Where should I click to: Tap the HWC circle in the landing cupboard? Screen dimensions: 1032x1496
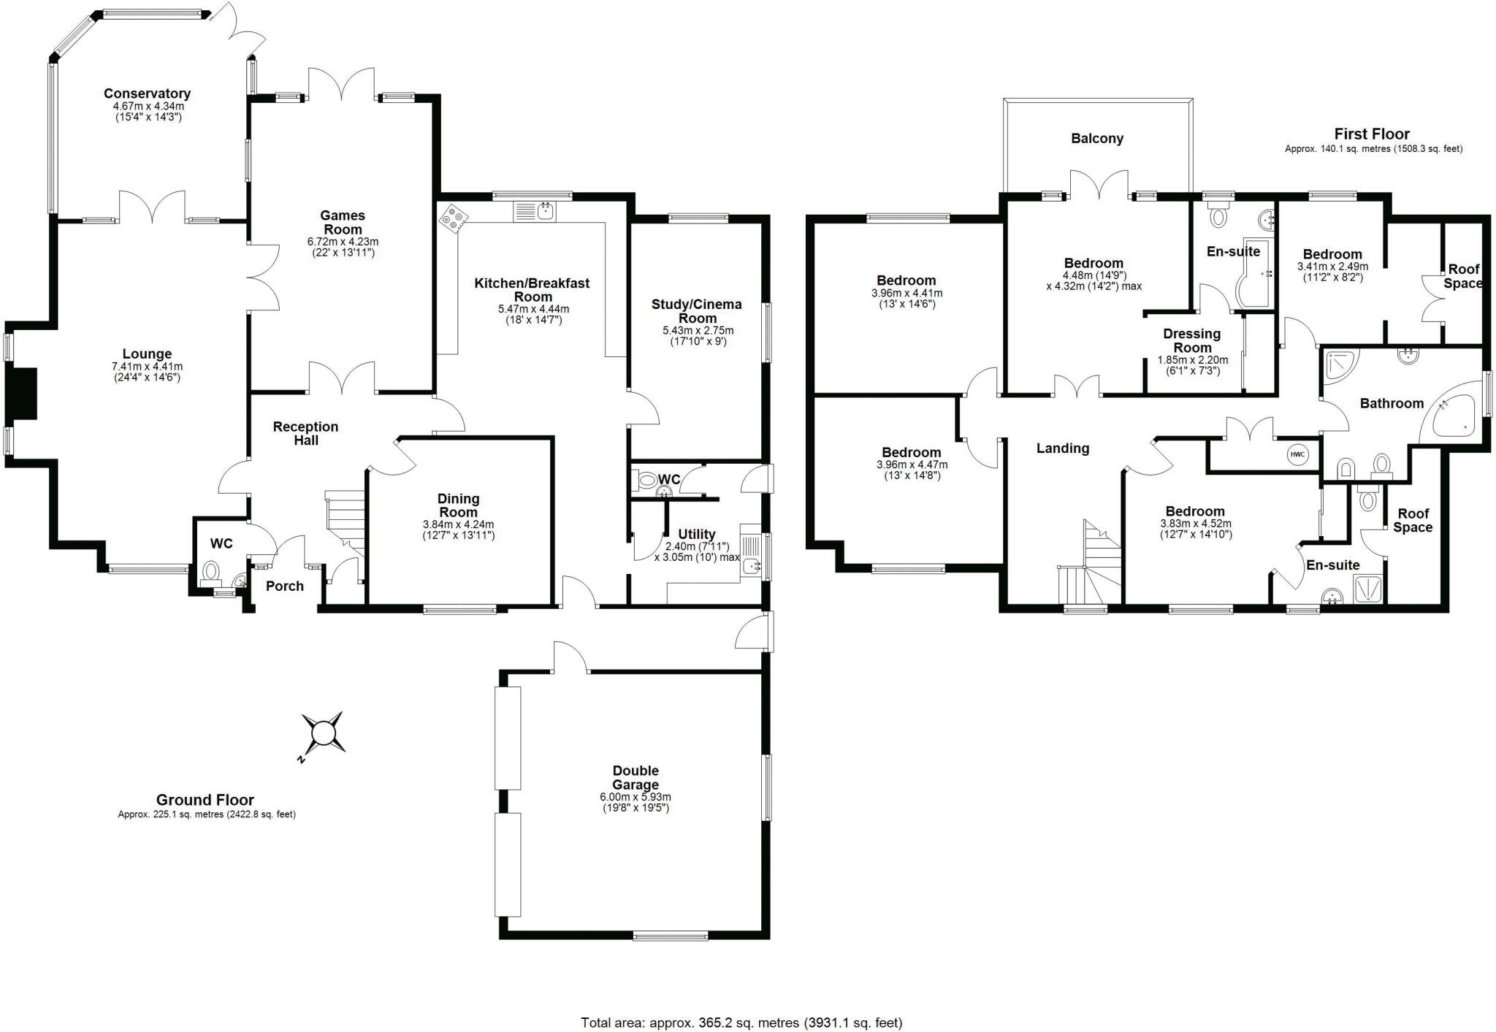[1297, 454]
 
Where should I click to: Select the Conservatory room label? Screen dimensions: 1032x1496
[147, 93]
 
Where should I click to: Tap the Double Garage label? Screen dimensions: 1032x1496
[636, 777]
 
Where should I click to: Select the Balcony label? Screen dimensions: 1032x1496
[1096, 139]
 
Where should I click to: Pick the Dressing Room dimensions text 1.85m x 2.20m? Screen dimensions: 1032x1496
[1192, 360]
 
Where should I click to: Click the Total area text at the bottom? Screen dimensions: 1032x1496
[741, 1023]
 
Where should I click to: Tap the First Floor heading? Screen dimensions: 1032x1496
[1372, 134]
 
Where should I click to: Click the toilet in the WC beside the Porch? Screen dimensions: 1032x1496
[211, 570]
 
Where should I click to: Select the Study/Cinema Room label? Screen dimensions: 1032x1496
[696, 311]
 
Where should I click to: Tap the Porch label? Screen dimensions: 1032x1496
[284, 586]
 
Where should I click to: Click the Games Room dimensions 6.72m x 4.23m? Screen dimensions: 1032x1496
[343, 242]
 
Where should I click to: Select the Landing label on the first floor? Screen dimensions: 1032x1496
[1062, 448]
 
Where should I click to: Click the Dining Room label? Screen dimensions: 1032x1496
[458, 505]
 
